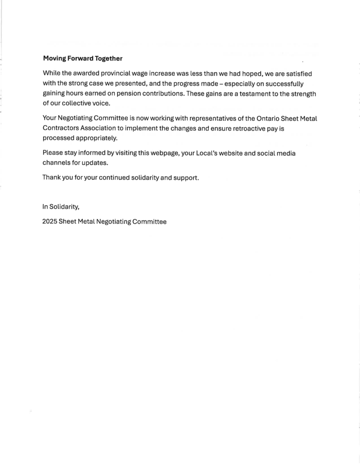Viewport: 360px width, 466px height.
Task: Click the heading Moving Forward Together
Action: pyautogui.click(x=82, y=59)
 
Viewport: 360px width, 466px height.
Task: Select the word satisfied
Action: pyautogui.click(x=298, y=73)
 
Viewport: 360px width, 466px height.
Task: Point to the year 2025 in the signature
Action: pyautogui.click(x=50, y=222)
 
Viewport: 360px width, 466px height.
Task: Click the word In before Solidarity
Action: pyautogui.click(x=45, y=207)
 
